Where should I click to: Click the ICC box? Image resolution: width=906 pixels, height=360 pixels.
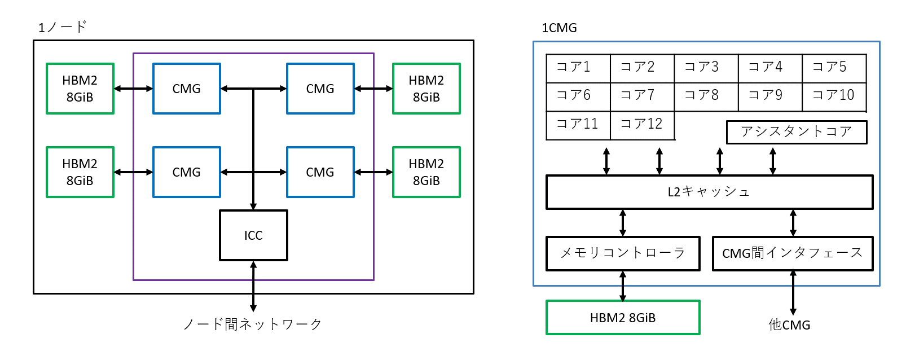pyautogui.click(x=253, y=235)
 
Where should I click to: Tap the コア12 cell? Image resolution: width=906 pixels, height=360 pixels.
pyautogui.click(x=642, y=125)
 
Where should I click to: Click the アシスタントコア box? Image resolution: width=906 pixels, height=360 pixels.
pyautogui.click(x=796, y=132)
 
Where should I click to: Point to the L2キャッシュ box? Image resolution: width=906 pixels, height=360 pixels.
pyautogui.click(x=709, y=192)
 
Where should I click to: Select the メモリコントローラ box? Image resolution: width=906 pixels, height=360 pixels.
pyautogui.click(x=623, y=253)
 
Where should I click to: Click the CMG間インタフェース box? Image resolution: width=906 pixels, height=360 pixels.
pyautogui.click(x=792, y=253)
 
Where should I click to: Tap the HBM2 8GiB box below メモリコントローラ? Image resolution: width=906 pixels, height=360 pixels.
pyautogui.click(x=623, y=318)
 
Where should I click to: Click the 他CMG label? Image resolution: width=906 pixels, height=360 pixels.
pyautogui.click(x=789, y=325)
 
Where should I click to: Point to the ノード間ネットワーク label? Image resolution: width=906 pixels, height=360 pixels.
pyautogui.click(x=252, y=324)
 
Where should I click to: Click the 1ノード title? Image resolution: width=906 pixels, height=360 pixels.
pyautogui.click(x=62, y=27)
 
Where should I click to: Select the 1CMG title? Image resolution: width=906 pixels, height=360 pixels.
pyautogui.click(x=559, y=28)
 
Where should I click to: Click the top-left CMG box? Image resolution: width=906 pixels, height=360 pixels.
pyautogui.click(x=187, y=89)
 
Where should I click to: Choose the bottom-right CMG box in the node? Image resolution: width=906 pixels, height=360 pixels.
pyautogui.click(x=320, y=172)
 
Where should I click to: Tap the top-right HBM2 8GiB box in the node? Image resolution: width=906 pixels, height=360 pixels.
pyautogui.click(x=426, y=89)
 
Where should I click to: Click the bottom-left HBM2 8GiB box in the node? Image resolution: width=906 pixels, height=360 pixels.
pyautogui.click(x=80, y=172)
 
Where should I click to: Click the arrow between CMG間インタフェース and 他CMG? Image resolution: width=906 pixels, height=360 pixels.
pyautogui.click(x=793, y=292)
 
